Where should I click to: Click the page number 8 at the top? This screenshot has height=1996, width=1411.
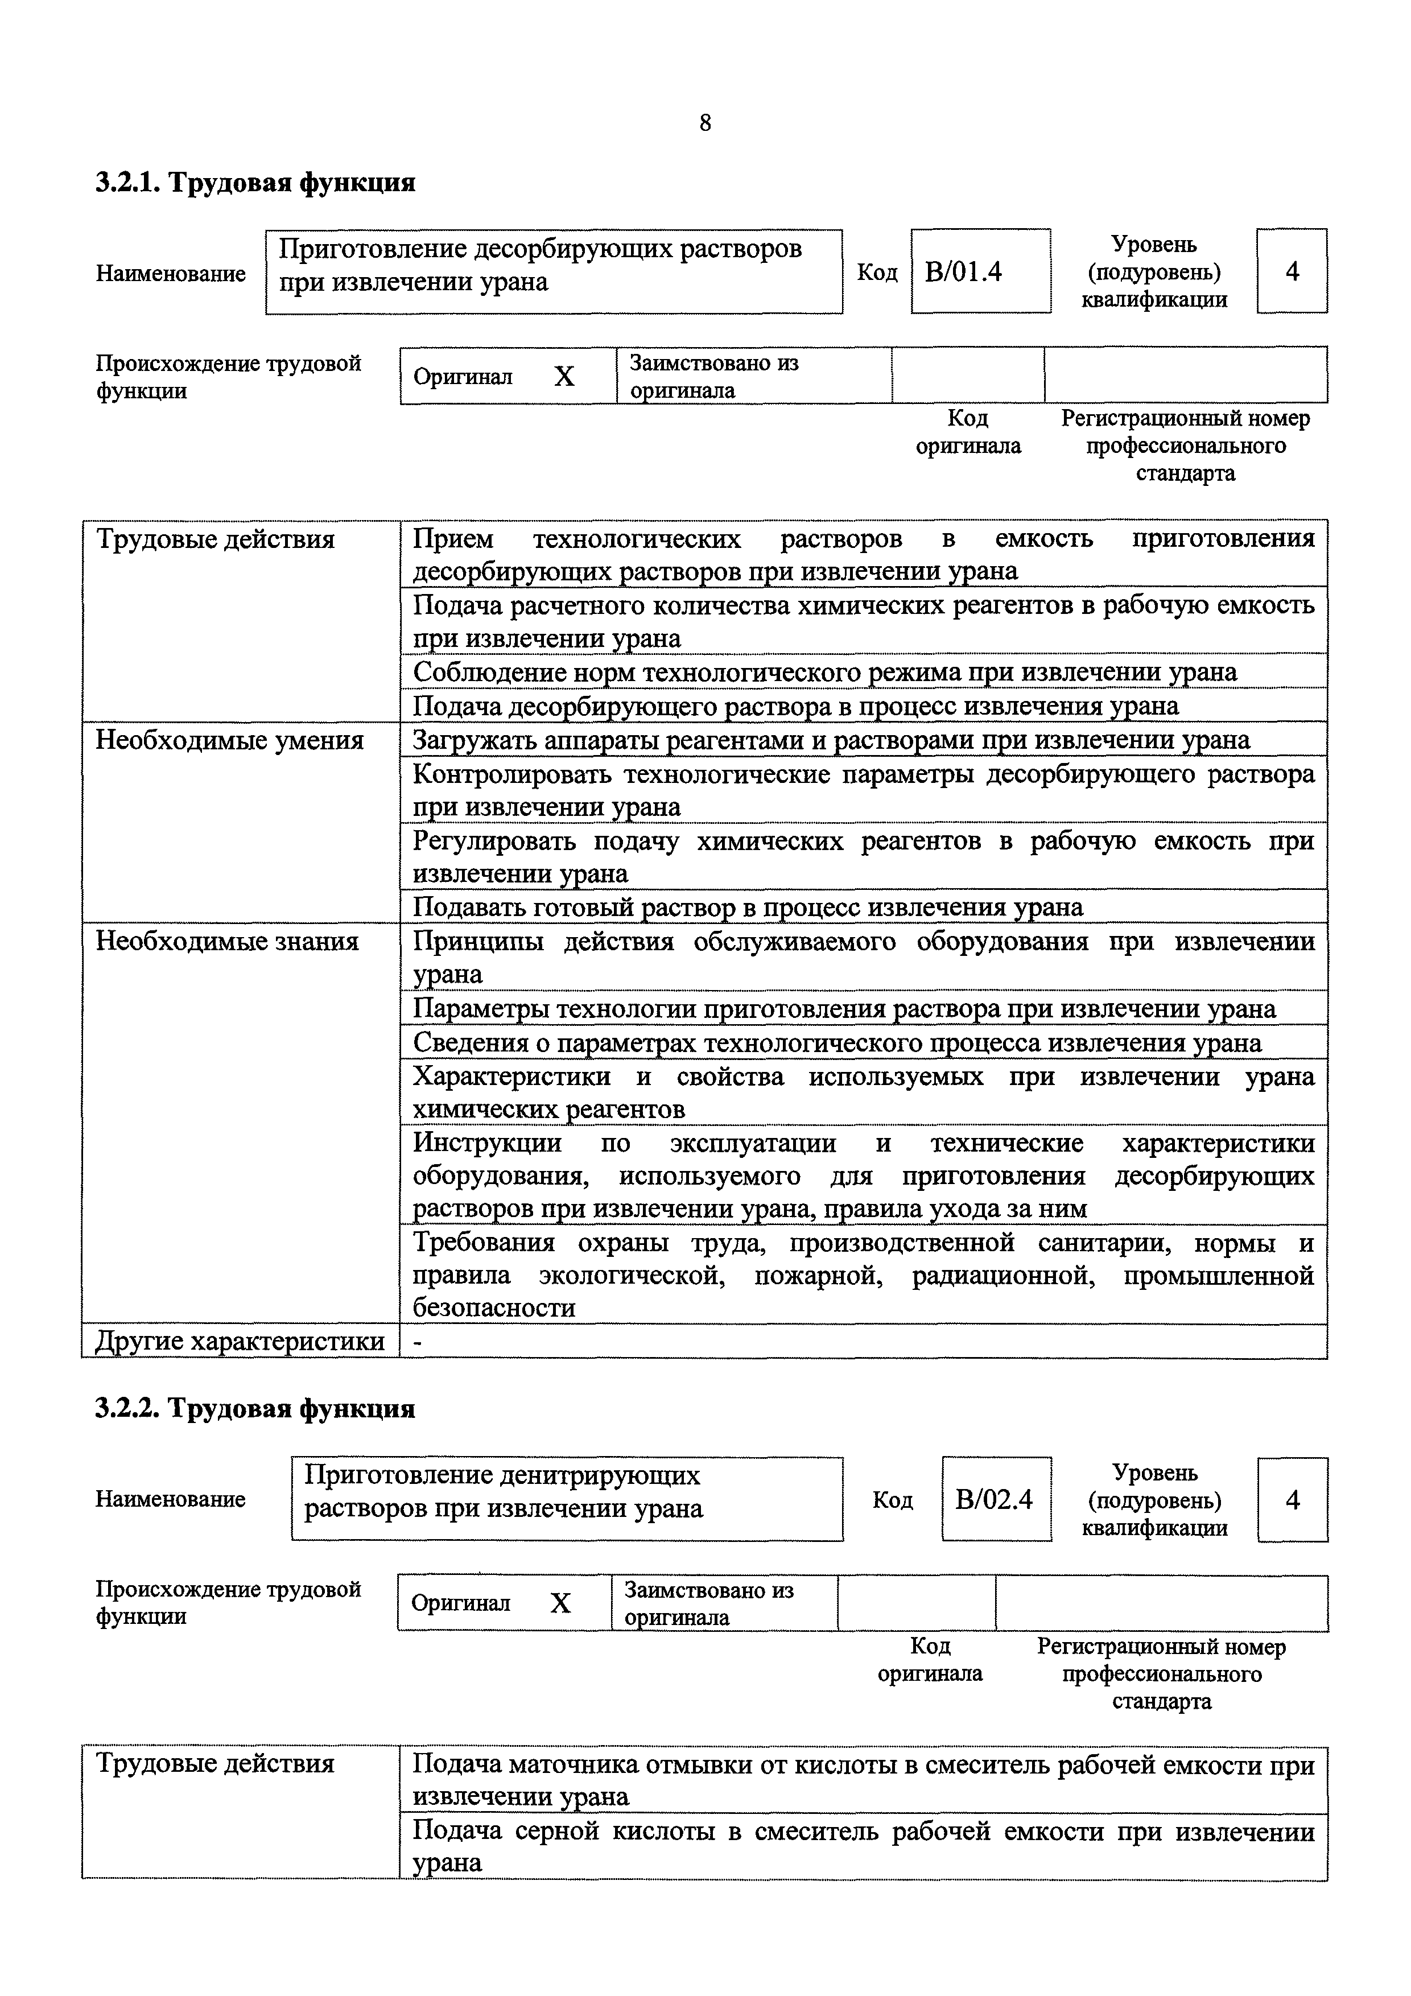[704, 123]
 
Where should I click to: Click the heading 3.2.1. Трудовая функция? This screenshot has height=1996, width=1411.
[255, 183]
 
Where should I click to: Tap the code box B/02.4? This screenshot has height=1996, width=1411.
[996, 1500]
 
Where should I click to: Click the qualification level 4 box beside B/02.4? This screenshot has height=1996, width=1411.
[1292, 1500]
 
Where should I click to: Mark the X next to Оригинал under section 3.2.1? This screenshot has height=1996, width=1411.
[564, 377]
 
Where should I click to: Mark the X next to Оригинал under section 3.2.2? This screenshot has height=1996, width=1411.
[561, 1603]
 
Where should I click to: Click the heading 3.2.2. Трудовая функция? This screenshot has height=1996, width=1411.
[255, 1408]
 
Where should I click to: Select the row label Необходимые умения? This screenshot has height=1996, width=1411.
[229, 741]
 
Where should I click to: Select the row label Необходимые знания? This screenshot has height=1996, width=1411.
[227, 942]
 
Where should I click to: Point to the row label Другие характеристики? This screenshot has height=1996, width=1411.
[240, 1342]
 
